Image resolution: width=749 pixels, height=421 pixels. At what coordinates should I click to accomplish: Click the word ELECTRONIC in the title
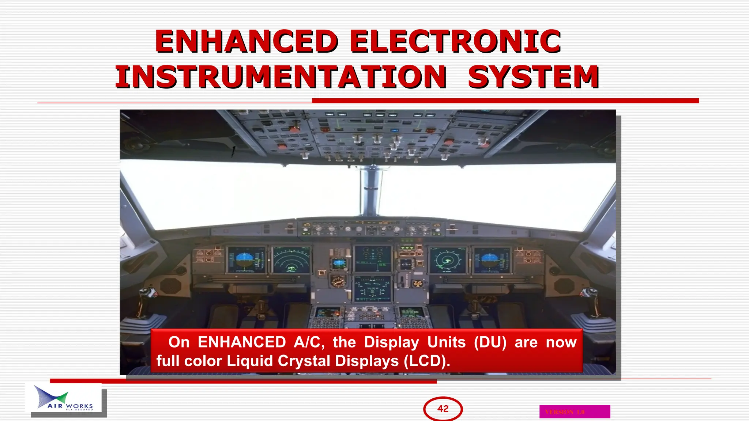pyautogui.click(x=455, y=41)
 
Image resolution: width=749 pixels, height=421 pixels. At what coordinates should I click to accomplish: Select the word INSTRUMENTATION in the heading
pyautogui.click(x=281, y=77)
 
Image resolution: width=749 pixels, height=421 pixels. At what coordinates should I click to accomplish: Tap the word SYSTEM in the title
pyautogui.click(x=533, y=77)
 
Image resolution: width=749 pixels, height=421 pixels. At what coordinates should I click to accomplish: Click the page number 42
pyautogui.click(x=443, y=409)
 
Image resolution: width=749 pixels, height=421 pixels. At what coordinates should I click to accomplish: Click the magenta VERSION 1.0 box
pyautogui.click(x=575, y=411)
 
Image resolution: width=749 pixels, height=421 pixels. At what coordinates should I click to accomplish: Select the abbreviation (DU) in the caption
pyautogui.click(x=490, y=342)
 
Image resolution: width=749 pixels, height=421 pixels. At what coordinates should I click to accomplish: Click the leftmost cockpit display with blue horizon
pyautogui.click(x=246, y=260)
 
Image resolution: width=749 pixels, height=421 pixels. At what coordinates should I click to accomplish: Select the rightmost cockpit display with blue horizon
pyautogui.click(x=492, y=260)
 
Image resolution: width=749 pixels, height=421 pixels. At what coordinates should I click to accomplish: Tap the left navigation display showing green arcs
pyautogui.click(x=291, y=260)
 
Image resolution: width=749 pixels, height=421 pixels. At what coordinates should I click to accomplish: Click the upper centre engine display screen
pyautogui.click(x=373, y=259)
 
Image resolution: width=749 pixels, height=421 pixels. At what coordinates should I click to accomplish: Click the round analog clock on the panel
pyautogui.click(x=338, y=281)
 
